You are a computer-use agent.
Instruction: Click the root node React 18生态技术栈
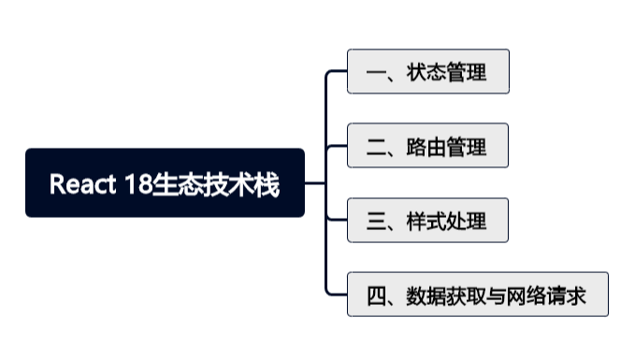click(165, 183)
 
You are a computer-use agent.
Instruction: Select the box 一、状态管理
click(427, 72)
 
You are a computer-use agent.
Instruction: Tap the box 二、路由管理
click(427, 146)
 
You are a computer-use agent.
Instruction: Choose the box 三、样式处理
click(427, 221)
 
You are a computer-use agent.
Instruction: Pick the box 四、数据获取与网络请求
click(477, 295)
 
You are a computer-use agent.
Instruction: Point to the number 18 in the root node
click(133, 184)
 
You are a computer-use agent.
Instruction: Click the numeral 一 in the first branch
click(377, 72)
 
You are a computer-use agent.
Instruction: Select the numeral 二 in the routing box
click(377, 147)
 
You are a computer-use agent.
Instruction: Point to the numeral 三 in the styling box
click(377, 222)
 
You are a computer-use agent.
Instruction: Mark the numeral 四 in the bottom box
click(377, 296)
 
